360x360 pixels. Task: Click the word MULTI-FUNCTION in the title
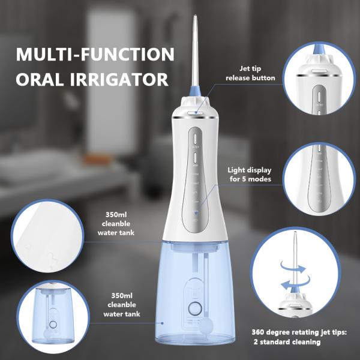point(95,55)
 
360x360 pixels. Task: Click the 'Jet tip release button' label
point(250,73)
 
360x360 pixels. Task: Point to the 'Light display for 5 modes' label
point(251,174)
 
